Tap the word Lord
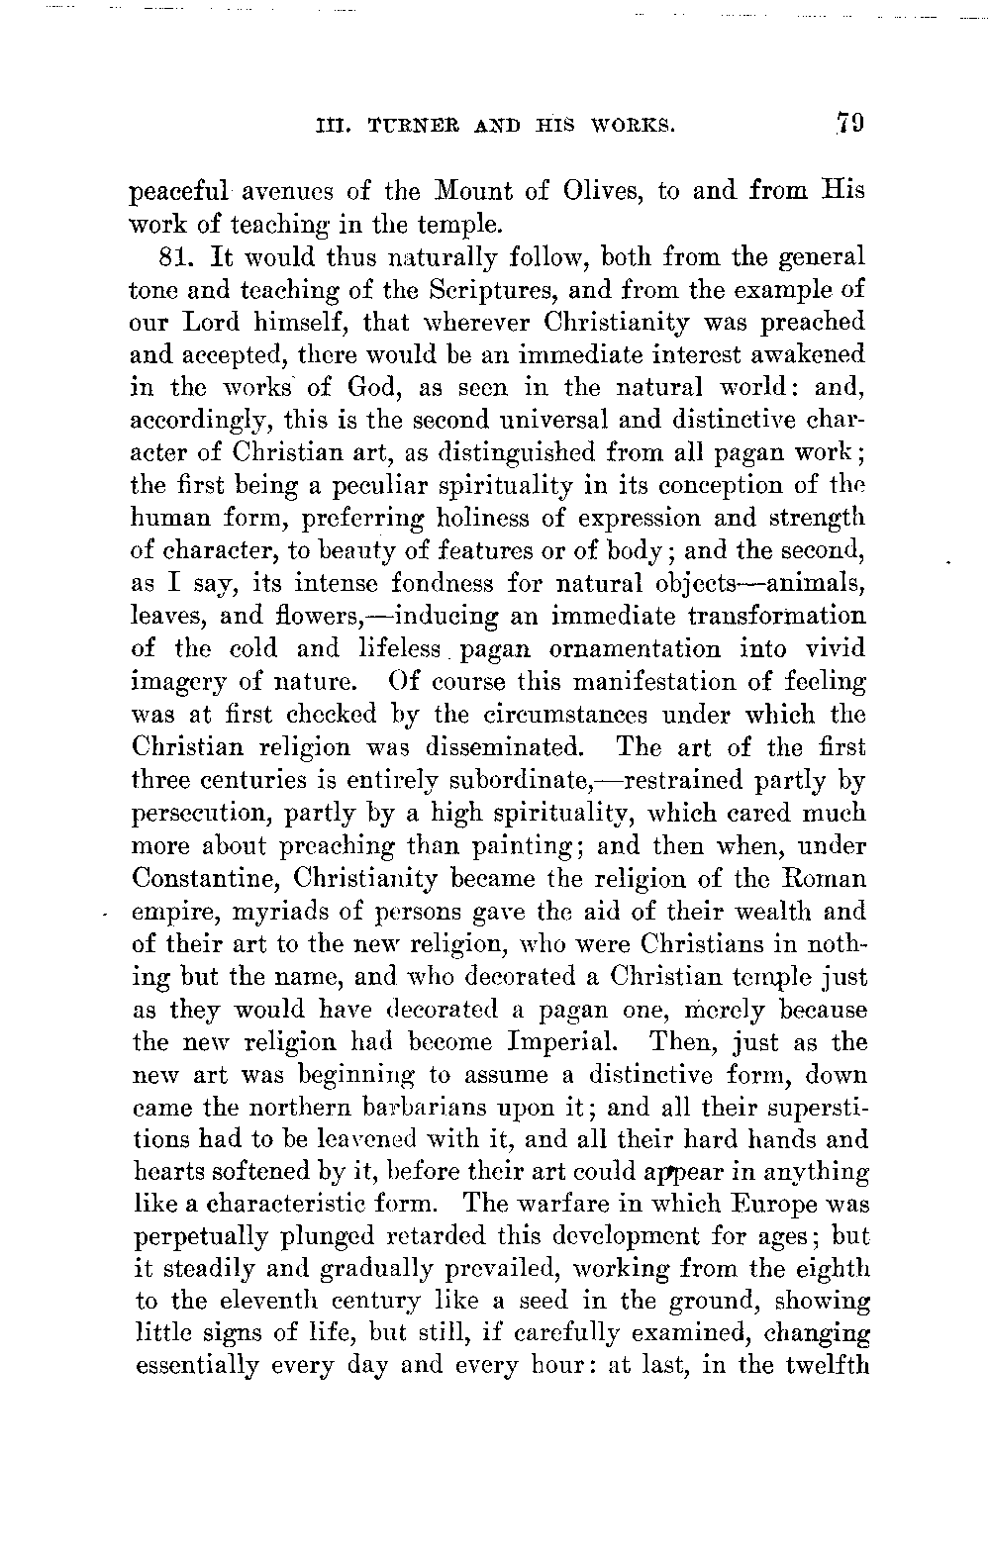(215, 323)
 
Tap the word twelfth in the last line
(826, 1369)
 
